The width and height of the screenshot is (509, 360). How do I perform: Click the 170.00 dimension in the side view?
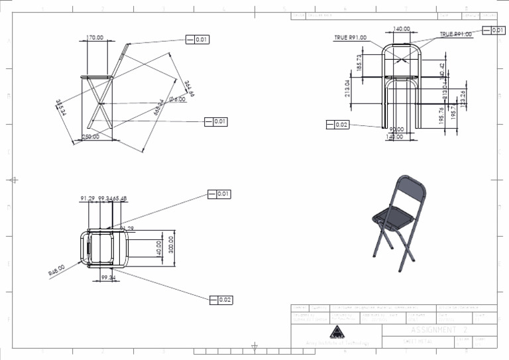coord(95,38)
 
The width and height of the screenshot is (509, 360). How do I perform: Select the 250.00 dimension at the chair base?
coord(90,137)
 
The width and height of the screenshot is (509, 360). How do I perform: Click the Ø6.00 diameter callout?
coord(177,99)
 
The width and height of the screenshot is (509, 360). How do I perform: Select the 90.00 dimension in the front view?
coord(396,130)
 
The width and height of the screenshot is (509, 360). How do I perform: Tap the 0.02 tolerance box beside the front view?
coord(338,125)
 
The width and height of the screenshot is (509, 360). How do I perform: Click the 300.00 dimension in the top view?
coord(172,243)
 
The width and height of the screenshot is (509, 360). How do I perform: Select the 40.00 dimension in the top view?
coord(159,247)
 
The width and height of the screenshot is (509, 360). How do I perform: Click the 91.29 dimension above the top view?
coord(87,198)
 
